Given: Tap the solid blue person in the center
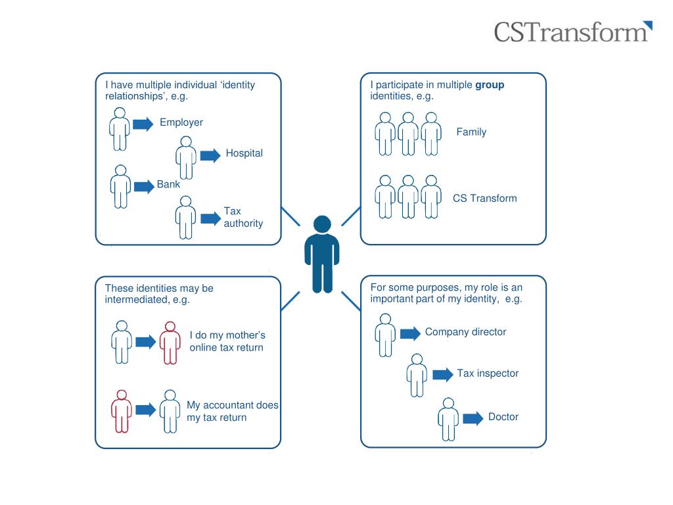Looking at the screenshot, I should coord(322,254).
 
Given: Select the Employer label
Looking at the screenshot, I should coord(181,122).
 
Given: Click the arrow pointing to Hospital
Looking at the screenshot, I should coord(210,155).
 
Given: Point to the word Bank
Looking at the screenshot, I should coord(168,185).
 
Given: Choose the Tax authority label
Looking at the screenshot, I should coord(243,217).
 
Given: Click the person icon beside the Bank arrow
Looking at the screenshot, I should coord(120,186).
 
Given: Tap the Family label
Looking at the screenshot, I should coord(471,132).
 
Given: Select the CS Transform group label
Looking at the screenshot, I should coord(485,198).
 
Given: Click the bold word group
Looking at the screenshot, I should coord(490,85).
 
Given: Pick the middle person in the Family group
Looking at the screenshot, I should coord(407,133).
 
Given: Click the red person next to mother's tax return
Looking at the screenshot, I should coord(170,342).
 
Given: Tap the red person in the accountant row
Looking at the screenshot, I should coord(121,411).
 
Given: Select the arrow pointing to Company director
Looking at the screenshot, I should coord(410,334).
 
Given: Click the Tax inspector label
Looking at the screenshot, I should coord(488,373).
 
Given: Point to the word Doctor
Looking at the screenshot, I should coord(503,417).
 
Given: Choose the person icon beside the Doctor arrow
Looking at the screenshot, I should coord(448,418).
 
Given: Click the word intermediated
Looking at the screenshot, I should coord(134,300).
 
